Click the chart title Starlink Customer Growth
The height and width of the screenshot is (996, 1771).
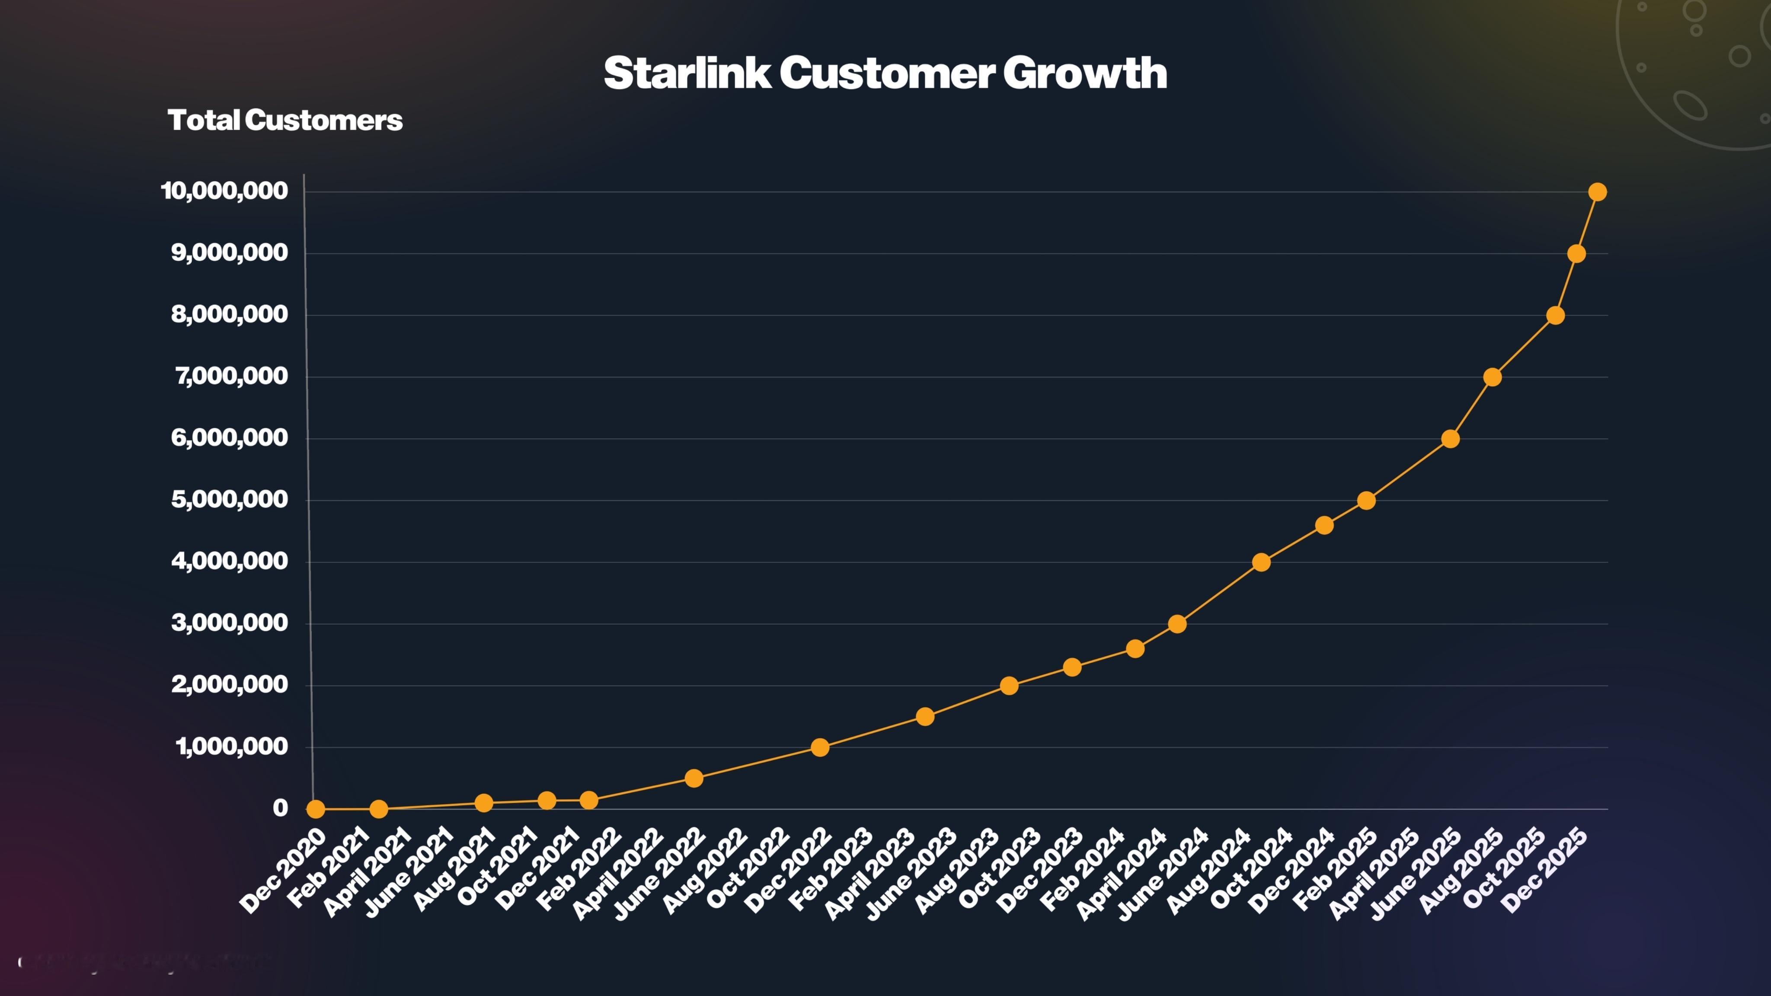885,73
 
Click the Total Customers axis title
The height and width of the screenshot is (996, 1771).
285,120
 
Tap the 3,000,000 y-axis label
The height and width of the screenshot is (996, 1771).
230,623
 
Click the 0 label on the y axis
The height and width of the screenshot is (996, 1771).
280,808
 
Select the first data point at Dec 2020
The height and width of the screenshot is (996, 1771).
316,809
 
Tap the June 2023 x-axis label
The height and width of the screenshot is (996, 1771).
910,875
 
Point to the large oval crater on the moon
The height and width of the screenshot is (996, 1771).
1689,105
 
